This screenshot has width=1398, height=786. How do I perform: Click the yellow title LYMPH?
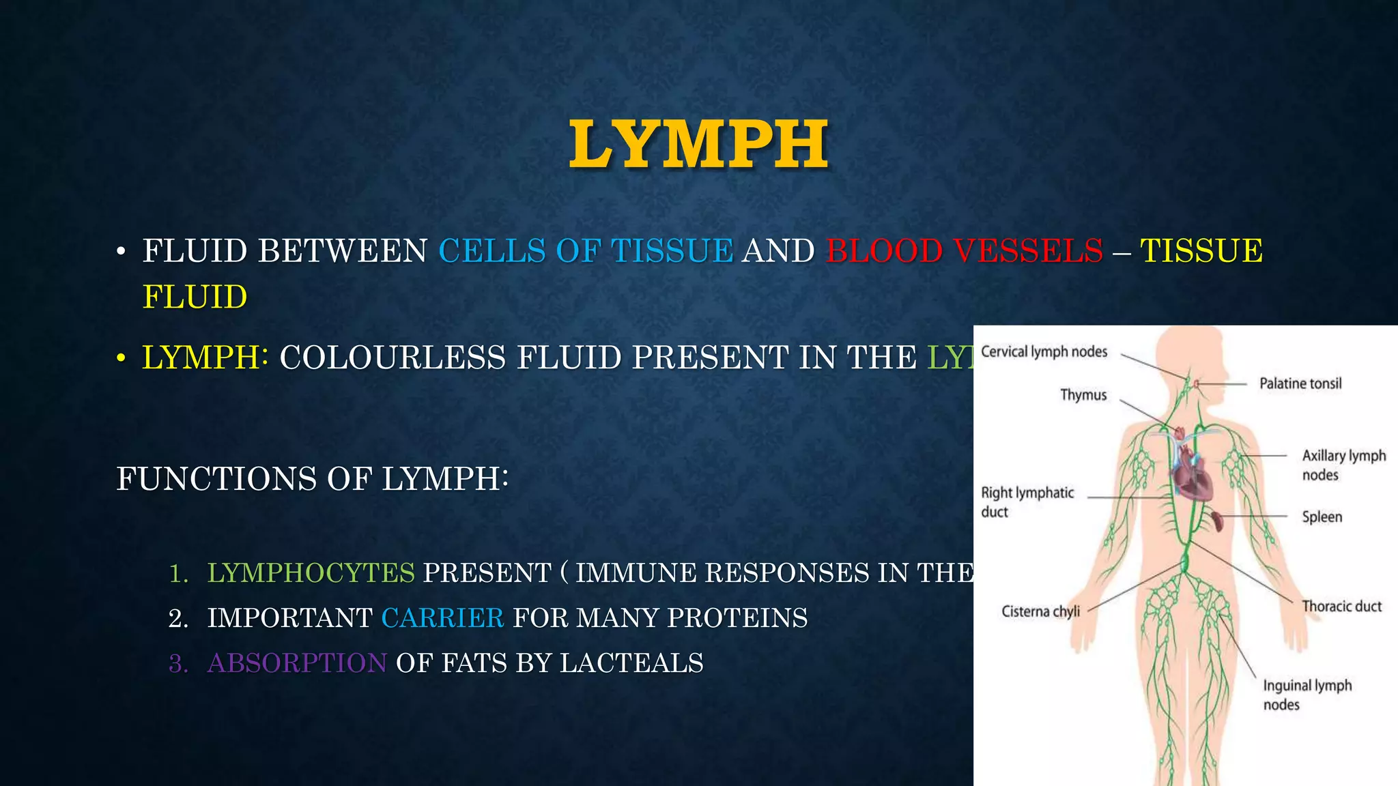coord(698,144)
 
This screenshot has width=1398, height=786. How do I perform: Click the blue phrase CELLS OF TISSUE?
coord(586,251)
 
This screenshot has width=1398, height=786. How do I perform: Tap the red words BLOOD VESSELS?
coord(964,251)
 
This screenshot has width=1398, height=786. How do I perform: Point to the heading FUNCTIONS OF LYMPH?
coord(312,479)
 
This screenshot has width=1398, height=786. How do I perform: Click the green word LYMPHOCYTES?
coord(311,573)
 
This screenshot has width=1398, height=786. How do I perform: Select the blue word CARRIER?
coord(442,618)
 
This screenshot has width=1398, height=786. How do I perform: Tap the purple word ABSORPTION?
coord(297,663)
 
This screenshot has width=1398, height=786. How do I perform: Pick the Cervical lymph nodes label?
coord(1044,352)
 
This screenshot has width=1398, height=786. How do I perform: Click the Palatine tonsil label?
coord(1300,383)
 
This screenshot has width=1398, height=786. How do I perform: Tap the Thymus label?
coord(1083,395)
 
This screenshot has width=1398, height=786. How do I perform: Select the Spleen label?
coord(1322,517)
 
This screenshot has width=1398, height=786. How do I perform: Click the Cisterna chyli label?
coord(1040,611)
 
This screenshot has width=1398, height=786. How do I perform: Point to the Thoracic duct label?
coord(1341,607)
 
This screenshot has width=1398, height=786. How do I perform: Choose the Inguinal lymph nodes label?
coord(1306,695)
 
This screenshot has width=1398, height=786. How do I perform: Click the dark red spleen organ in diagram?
coord(1217,521)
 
